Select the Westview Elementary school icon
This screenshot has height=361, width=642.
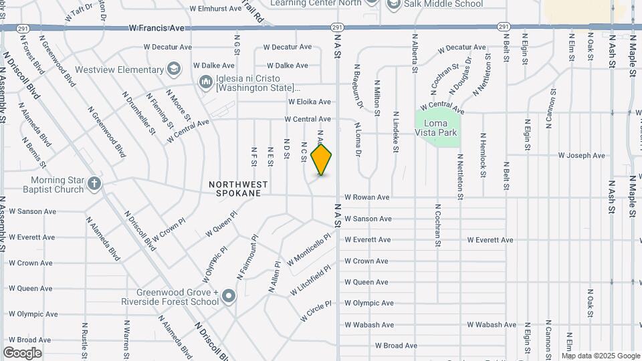click(x=174, y=68)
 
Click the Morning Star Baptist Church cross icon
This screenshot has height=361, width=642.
click(x=95, y=183)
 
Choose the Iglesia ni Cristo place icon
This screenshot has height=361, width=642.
click(x=206, y=81)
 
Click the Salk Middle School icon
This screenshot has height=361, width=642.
click(x=393, y=4)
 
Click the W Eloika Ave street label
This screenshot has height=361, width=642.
click(x=310, y=102)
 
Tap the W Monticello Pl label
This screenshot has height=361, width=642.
click(x=309, y=249)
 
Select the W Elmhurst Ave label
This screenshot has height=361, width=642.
click(x=215, y=9)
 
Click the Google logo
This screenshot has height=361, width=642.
click(x=22, y=352)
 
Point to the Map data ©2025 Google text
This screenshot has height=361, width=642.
click(x=600, y=356)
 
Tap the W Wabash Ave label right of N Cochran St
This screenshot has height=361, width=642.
click(x=492, y=325)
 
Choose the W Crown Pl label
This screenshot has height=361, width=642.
click(x=169, y=230)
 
